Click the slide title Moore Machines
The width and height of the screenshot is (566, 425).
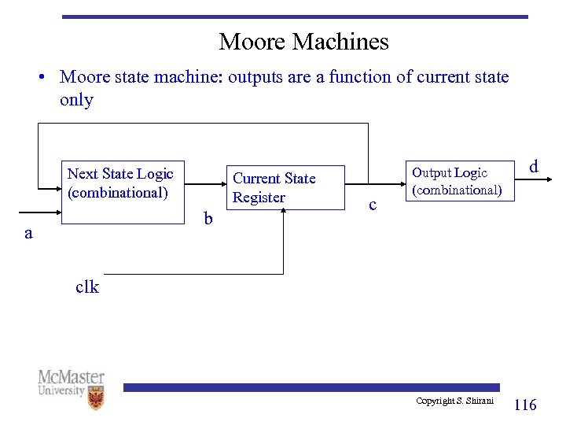(x=303, y=41)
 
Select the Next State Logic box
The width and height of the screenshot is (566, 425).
(x=123, y=192)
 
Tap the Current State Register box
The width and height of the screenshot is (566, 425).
(x=285, y=188)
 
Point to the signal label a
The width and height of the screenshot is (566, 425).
(x=28, y=233)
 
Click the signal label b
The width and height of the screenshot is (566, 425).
(x=208, y=219)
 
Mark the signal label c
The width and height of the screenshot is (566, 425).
(x=373, y=205)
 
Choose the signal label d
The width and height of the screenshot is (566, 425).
(x=534, y=167)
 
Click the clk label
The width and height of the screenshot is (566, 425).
(x=87, y=287)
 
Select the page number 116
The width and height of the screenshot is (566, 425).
(x=524, y=405)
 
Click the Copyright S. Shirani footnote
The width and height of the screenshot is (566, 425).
(x=454, y=401)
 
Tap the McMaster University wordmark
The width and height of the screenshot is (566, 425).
(x=71, y=383)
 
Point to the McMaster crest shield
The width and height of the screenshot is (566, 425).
(x=96, y=399)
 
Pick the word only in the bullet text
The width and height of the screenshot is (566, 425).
(x=76, y=100)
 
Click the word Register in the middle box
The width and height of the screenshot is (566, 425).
(x=259, y=198)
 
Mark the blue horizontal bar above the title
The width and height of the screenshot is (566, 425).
(x=295, y=17)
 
